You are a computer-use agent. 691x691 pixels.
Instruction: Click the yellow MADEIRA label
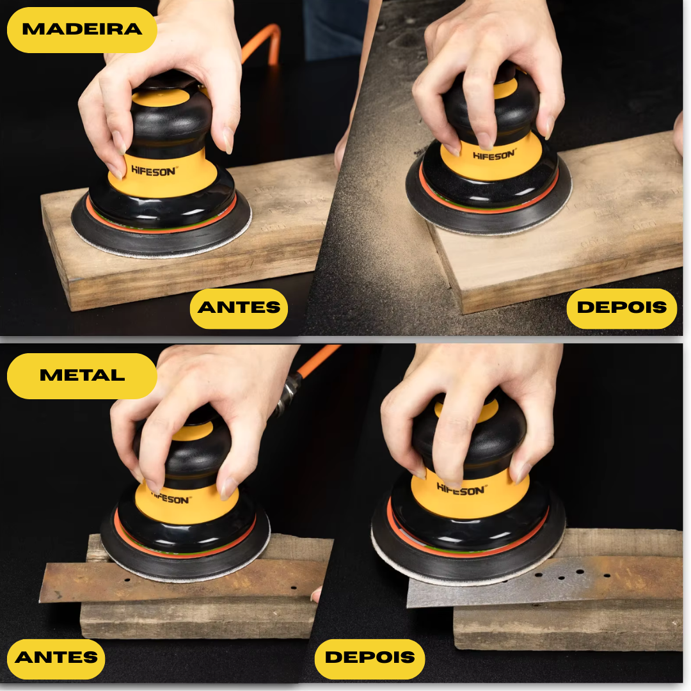[82, 30]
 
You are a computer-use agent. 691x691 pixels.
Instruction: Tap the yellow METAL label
[82, 376]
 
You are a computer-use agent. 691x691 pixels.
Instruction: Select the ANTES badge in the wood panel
[239, 308]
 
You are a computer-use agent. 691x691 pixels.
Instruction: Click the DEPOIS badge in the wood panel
[621, 308]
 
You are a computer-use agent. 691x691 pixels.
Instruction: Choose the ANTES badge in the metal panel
[56, 658]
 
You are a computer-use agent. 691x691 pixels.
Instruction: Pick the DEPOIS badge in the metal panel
[370, 658]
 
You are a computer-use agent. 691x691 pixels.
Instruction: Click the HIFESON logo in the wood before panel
[154, 171]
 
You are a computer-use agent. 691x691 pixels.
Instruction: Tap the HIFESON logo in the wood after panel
[494, 155]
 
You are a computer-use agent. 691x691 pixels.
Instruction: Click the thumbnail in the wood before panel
[228, 140]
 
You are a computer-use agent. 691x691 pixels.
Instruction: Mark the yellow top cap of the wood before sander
[161, 98]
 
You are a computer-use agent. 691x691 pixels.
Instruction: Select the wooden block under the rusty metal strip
[198, 617]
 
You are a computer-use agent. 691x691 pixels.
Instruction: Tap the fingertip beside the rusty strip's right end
[316, 594]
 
